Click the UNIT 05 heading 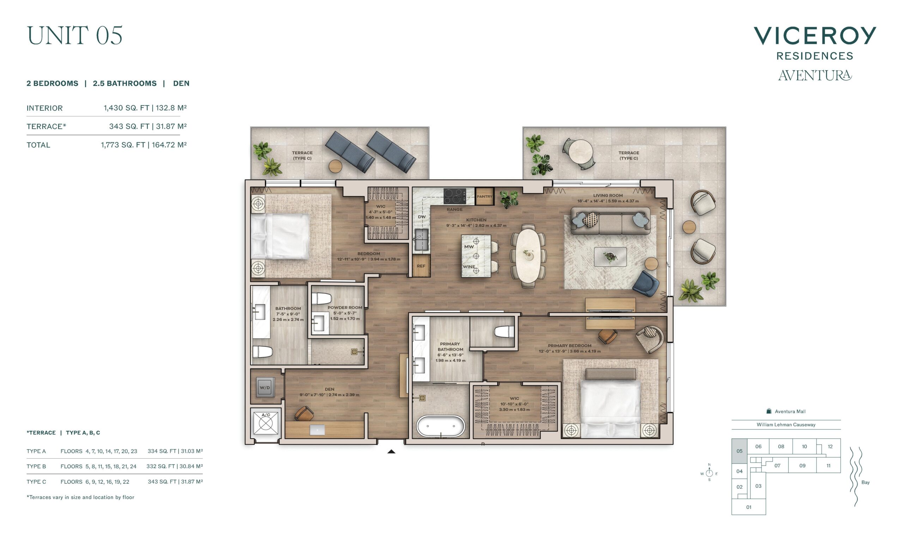point(74,36)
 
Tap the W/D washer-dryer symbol point(265,387)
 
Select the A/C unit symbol point(266,423)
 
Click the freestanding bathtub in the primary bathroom point(441,426)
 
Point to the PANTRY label point(485,197)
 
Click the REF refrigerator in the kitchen point(421,266)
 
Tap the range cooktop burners point(455,196)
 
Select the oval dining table point(528,255)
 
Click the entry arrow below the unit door point(392,452)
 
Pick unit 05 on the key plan point(739,451)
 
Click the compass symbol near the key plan point(709,473)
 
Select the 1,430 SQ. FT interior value point(126,108)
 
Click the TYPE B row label point(36,466)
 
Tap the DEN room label point(329,389)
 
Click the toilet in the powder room point(321,299)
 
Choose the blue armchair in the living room point(647,283)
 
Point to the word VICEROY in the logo point(815,36)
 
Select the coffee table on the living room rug point(610,257)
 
